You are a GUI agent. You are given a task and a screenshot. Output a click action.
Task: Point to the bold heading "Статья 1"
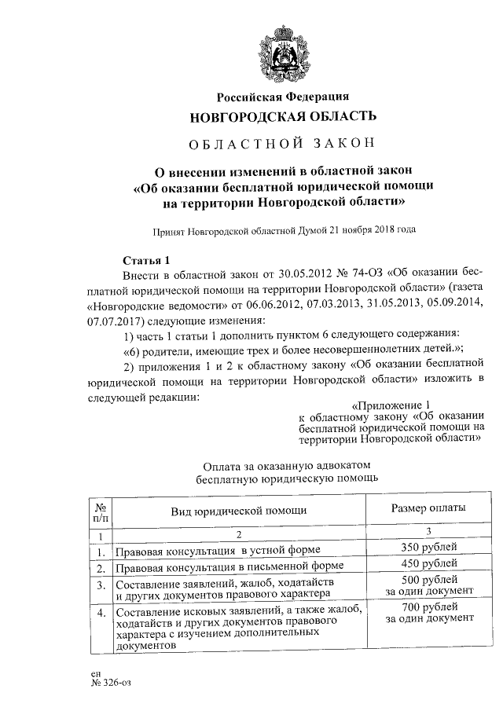pos(147,260)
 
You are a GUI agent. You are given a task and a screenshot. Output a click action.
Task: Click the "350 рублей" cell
pos(429,548)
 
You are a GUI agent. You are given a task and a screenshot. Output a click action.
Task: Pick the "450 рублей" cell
pos(429,565)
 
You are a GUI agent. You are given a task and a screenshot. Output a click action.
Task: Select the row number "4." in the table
pos(101,611)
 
